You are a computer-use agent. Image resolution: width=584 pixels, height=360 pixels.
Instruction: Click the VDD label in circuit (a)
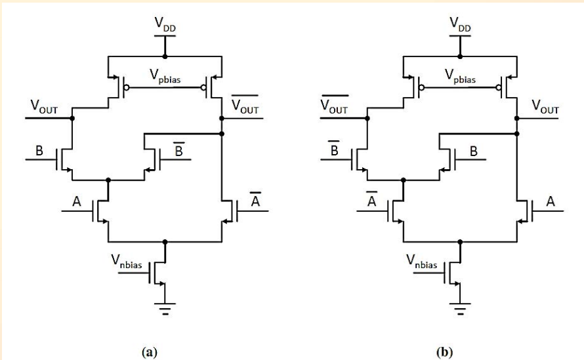165,25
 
